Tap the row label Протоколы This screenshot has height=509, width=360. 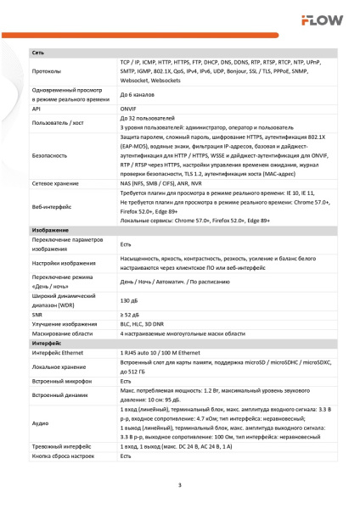click(x=47, y=71)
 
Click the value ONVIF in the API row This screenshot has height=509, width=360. click(x=128, y=109)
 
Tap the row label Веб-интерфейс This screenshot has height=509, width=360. click(x=52, y=205)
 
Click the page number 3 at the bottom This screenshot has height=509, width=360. click(x=180, y=485)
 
